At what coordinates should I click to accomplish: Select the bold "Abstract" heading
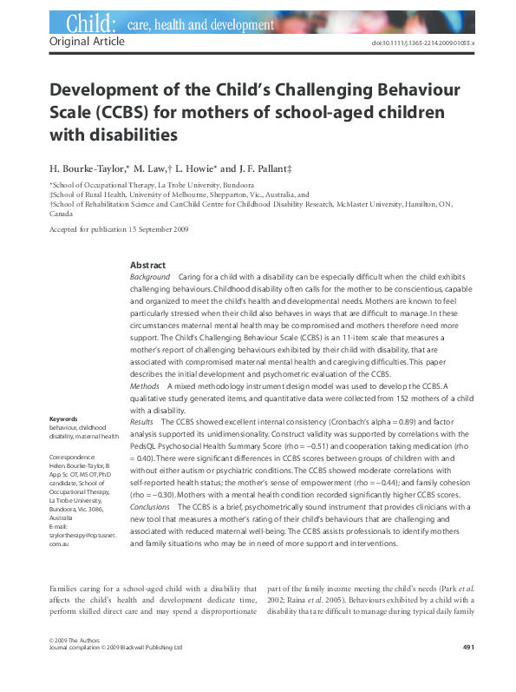pyautogui.click(x=147, y=265)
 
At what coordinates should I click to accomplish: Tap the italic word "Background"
pyautogui.click(x=149, y=276)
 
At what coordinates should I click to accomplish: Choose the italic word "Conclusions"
pyautogui.click(x=150, y=505)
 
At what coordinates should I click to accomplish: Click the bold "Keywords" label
pyautogui.click(x=66, y=419)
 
